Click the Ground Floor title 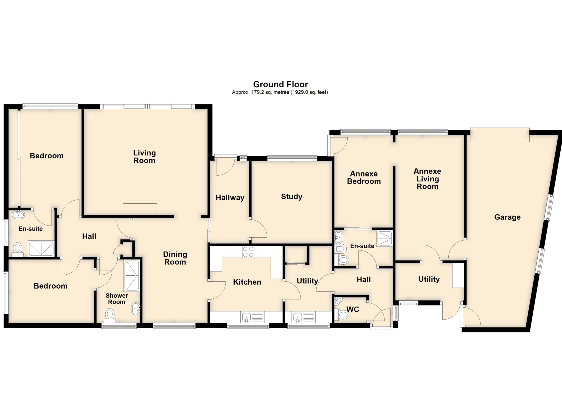280,84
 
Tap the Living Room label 144,157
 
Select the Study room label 291,196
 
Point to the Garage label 507,217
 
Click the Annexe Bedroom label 364,178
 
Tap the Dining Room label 175,258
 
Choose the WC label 353,309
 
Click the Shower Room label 117,299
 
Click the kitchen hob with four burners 248,252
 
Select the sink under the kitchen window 246,318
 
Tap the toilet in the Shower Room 110,315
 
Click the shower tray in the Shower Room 132,276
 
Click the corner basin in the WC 338,301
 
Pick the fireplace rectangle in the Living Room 140,209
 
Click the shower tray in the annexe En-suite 384,238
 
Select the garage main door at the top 499,135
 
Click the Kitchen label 247,282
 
